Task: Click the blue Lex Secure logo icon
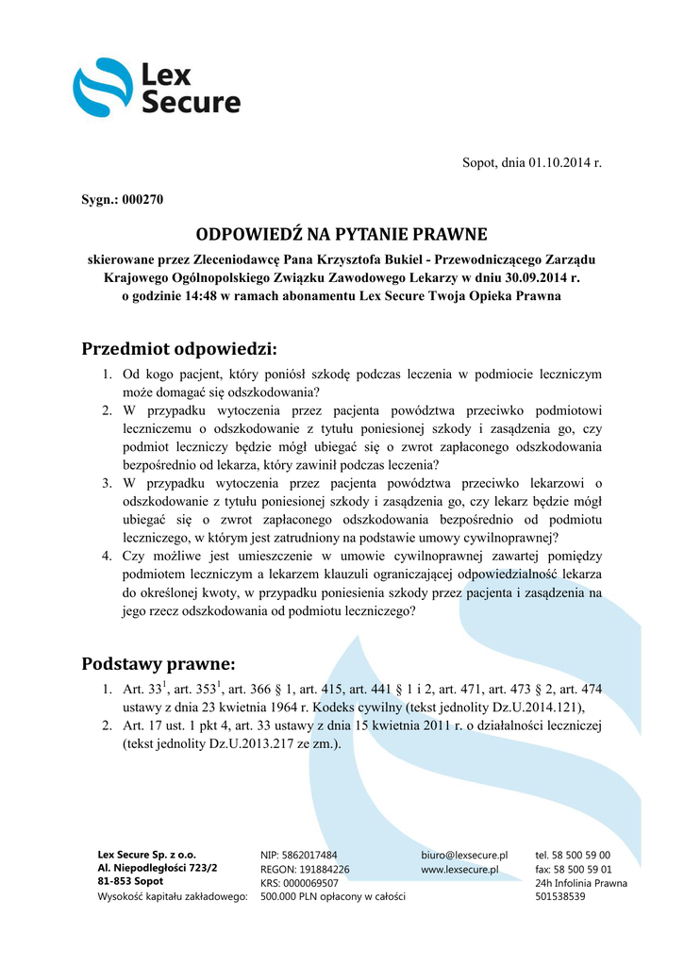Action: point(103,88)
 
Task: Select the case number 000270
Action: point(143,201)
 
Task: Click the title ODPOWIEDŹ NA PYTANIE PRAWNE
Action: point(342,233)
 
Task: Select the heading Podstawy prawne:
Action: point(158,663)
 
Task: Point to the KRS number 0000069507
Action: point(312,882)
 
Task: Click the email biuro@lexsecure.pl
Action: point(464,854)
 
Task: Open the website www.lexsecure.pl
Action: point(459,868)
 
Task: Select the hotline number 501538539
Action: point(560,896)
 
